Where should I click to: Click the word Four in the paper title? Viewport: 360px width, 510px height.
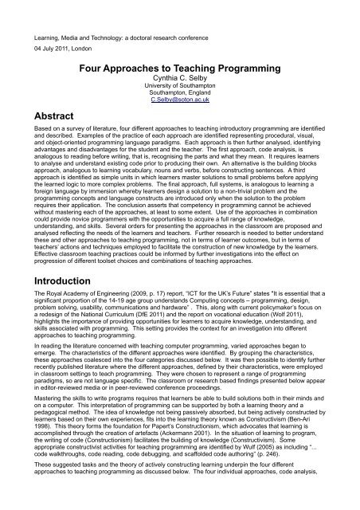[x=107, y=69]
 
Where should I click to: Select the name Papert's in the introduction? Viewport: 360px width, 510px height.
[x=185, y=437]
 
